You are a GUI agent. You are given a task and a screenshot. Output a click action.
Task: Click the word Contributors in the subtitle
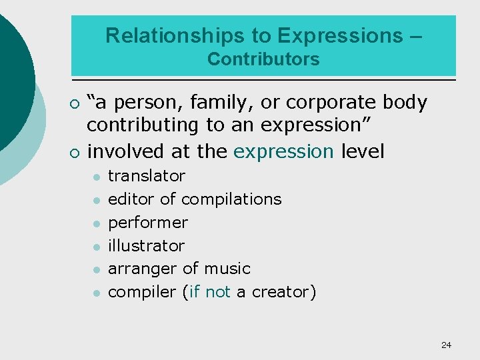coord(263,59)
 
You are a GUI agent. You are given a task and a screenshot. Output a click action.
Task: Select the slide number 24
coord(446,345)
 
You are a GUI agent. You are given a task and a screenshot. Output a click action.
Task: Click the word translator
coord(147,176)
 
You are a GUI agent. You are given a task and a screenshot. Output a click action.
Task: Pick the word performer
coord(148,223)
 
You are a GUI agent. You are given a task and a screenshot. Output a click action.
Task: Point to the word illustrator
coord(146,245)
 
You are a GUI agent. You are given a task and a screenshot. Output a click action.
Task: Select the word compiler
coord(142,292)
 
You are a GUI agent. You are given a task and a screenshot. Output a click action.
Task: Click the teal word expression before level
coord(283,152)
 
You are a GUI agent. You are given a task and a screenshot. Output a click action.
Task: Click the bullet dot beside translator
coord(96,177)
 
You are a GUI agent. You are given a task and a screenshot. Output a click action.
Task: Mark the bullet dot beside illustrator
coord(96,247)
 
